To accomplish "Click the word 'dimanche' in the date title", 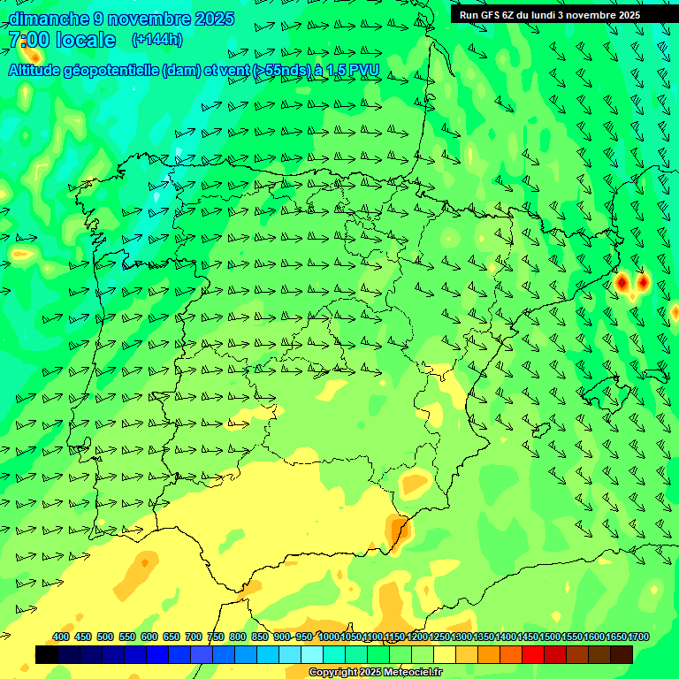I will [x=49, y=19].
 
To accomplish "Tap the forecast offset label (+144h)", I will [x=156, y=39].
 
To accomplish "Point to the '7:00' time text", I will [x=28, y=40].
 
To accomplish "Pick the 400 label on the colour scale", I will [x=61, y=637].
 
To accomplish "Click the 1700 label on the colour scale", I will [x=639, y=637].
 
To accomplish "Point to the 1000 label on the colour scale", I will [x=329, y=637].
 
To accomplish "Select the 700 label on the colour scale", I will [x=194, y=637].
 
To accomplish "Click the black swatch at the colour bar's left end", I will [x=46, y=654].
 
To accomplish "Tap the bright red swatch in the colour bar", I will [x=533, y=654].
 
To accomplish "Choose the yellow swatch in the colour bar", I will [x=444, y=654].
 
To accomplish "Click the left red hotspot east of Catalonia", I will [x=622, y=282].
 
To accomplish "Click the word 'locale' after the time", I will [x=86, y=40].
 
